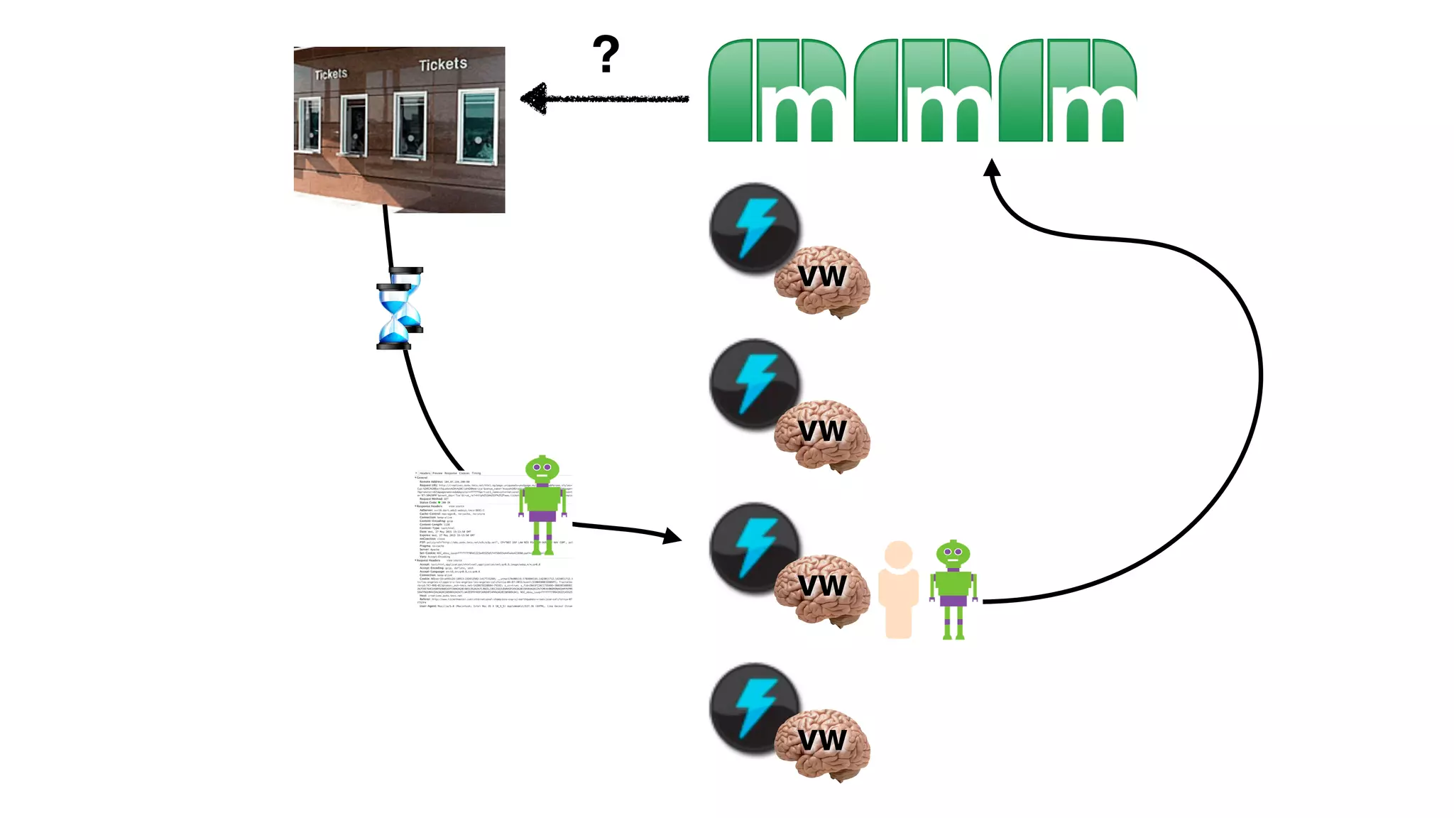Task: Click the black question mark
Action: [606, 54]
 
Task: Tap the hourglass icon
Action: [400, 308]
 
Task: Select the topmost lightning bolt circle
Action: [755, 228]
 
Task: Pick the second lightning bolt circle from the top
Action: [755, 383]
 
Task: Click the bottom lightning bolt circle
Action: [755, 709]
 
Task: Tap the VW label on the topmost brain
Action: [822, 276]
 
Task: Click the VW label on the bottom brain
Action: [822, 741]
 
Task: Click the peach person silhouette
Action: [898, 589]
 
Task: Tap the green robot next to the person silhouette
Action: [953, 589]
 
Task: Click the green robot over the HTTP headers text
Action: [542, 504]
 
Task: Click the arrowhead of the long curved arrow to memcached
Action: [991, 169]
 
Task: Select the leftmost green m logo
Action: [777, 90]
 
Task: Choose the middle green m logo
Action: [923, 90]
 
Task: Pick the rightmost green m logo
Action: [1068, 90]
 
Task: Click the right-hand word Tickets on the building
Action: [443, 65]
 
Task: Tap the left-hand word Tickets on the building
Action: [331, 74]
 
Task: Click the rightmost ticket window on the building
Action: [478, 126]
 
